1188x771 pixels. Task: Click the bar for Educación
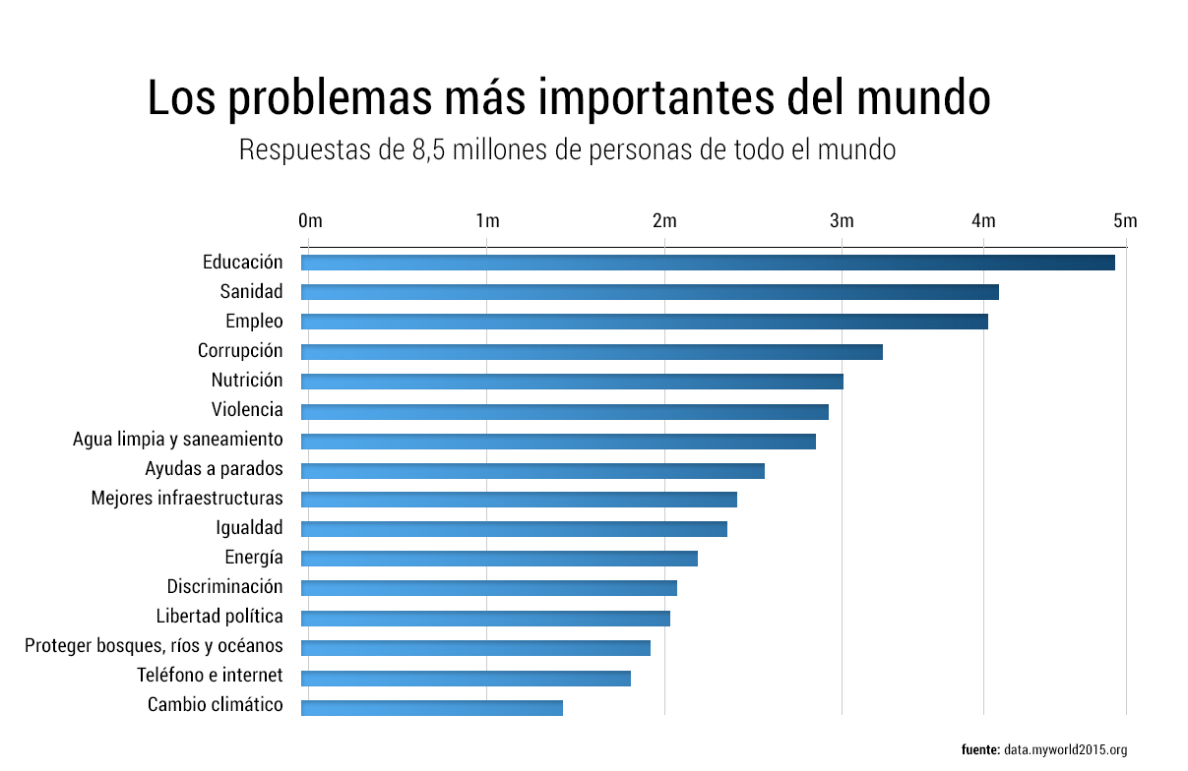coord(707,263)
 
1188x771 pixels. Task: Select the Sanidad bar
coord(650,292)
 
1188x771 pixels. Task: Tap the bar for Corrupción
coord(592,352)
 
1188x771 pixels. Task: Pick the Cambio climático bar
coord(431,708)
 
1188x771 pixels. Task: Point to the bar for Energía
coord(499,559)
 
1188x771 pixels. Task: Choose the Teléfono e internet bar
coord(466,679)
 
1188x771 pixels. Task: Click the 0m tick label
coord(309,221)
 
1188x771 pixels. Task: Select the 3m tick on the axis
coord(842,221)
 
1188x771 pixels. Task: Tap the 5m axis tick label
coord(1125,221)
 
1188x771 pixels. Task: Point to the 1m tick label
coord(486,221)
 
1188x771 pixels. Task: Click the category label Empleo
coord(254,322)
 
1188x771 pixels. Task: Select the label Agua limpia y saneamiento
coord(178,440)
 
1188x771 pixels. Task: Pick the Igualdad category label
coord(249,528)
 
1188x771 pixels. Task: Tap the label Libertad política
coord(219,618)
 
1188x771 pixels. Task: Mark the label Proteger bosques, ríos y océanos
coord(154,647)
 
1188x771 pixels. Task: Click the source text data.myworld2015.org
coord(1065,750)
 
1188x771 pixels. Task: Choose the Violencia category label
coord(247,410)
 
